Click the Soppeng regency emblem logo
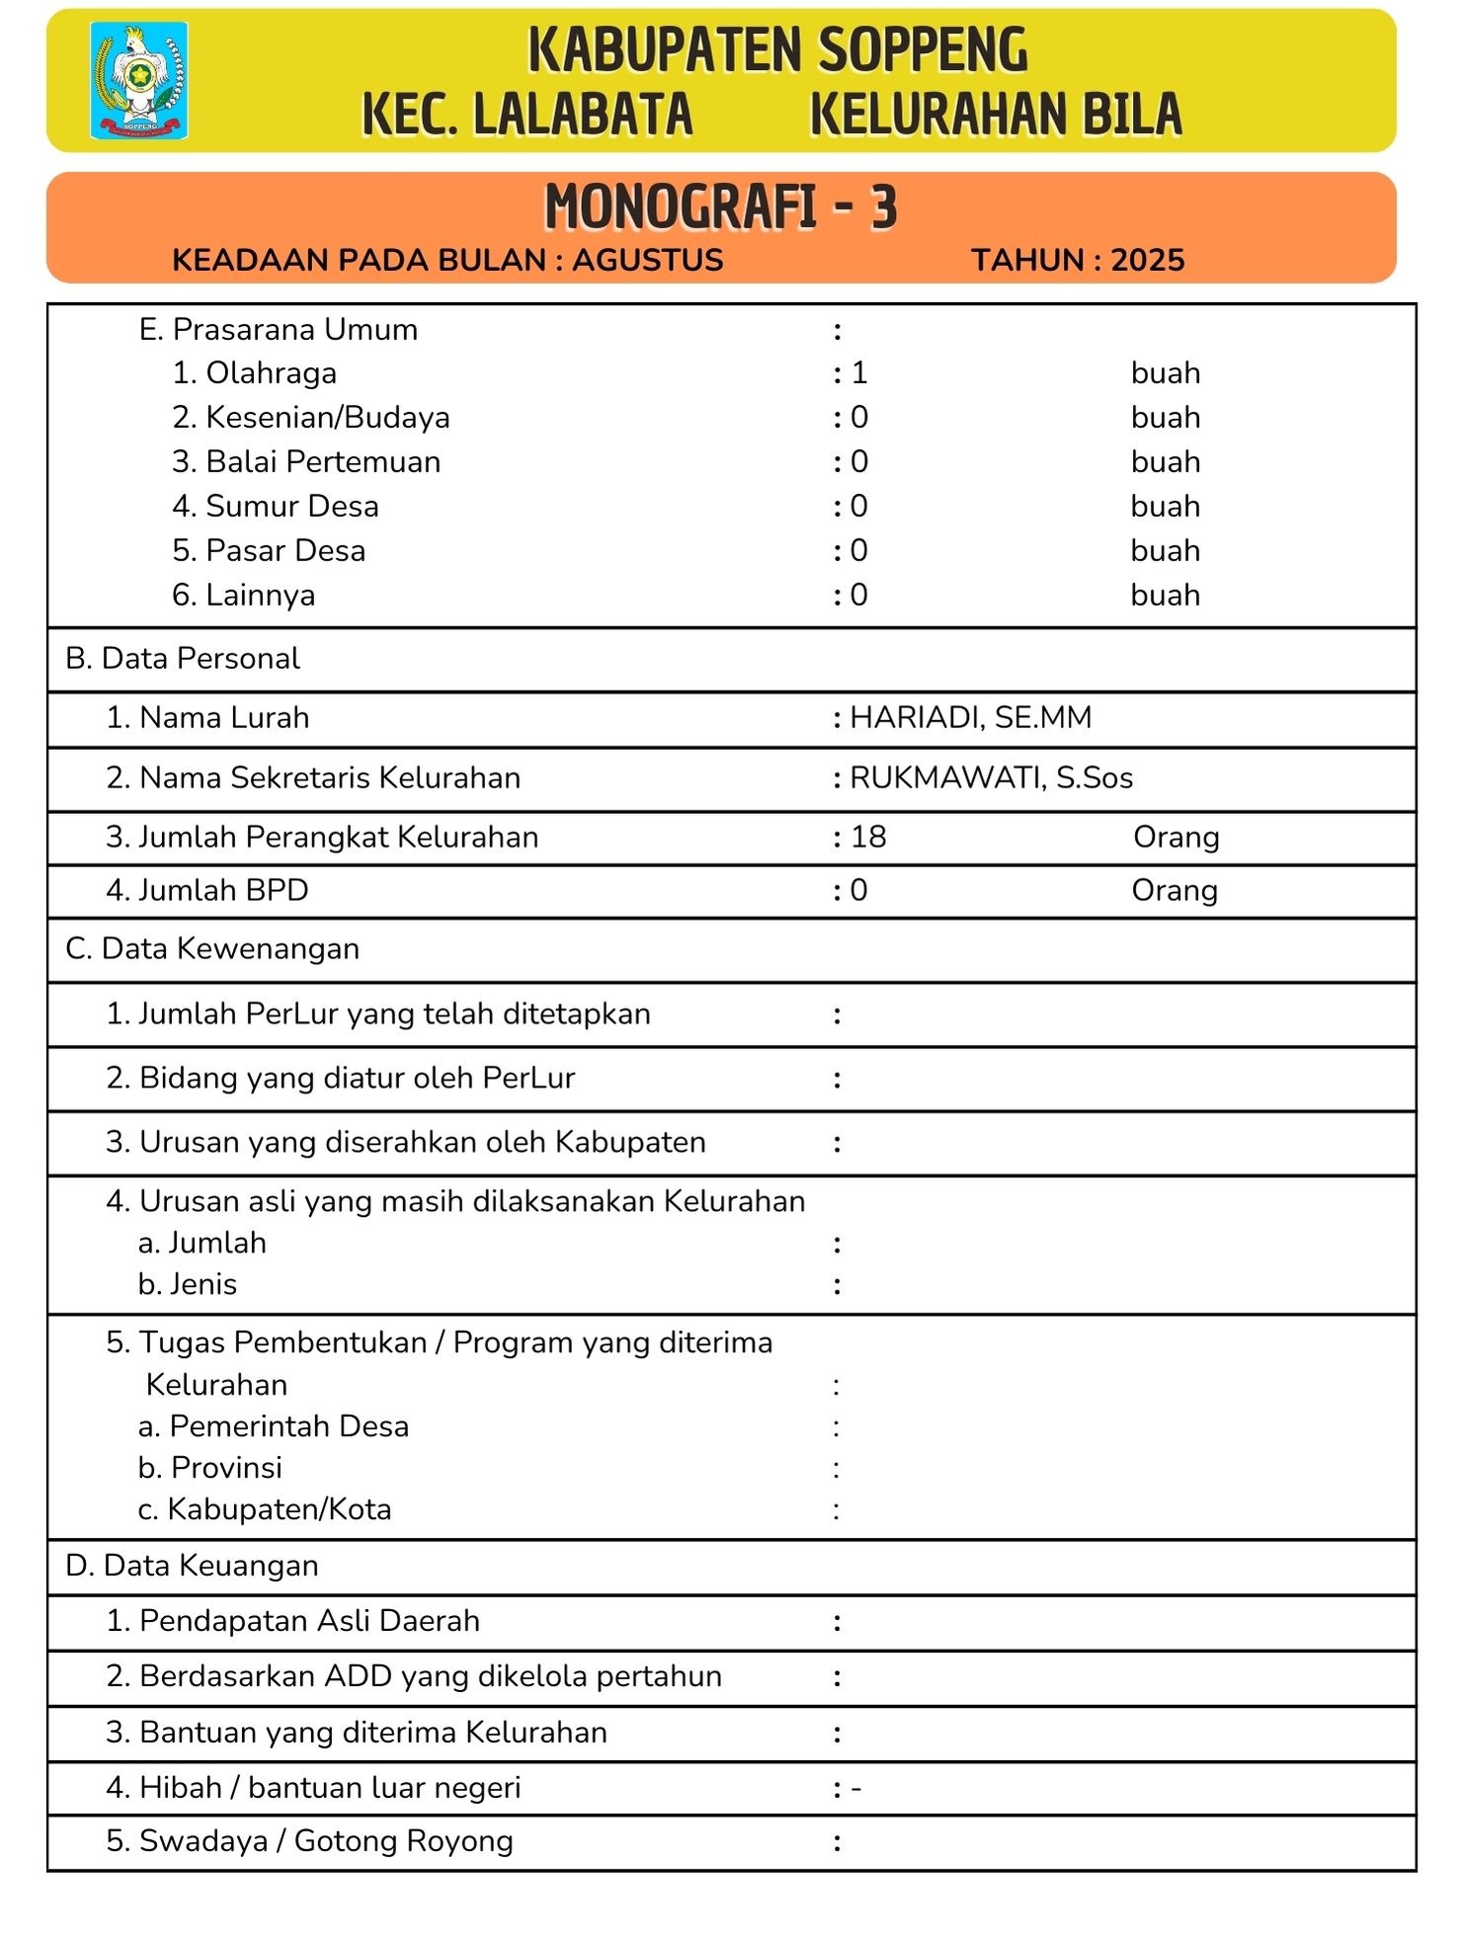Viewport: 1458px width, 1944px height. [x=138, y=80]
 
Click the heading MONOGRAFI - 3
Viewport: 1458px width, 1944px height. [x=720, y=207]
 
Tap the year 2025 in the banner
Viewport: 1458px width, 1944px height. [x=1147, y=260]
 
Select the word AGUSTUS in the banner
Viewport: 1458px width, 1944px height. [x=648, y=260]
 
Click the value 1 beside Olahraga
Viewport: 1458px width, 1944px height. [x=859, y=373]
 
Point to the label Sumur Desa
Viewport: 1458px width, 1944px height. [x=291, y=507]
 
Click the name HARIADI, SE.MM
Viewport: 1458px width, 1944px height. [x=971, y=718]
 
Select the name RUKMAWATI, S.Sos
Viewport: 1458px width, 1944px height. [x=991, y=778]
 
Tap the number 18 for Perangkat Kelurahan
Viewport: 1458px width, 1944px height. [x=868, y=838]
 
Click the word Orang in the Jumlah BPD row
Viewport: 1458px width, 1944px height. [x=1174, y=891]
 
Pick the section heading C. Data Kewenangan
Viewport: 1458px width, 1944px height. [x=212, y=949]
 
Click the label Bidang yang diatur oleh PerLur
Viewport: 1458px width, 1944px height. [x=357, y=1079]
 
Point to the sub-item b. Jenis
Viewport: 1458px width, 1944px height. [x=188, y=1285]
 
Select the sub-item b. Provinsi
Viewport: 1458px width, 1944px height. [x=210, y=1469]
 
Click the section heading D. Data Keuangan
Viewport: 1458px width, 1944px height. [x=192, y=1567]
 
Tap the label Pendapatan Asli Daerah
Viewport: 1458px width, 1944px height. [x=309, y=1622]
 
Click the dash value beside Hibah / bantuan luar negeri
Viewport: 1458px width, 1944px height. [x=856, y=1789]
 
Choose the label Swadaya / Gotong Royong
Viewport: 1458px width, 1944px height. [x=326, y=1842]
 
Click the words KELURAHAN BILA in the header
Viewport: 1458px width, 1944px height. [x=996, y=114]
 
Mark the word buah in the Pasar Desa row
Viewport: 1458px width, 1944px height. [x=1166, y=551]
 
